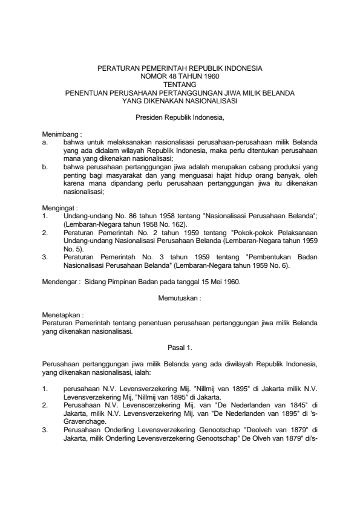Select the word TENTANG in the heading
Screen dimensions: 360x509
(x=180, y=85)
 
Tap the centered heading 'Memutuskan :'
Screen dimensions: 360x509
(x=180, y=299)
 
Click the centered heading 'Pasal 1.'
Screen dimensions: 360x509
(x=180, y=348)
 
